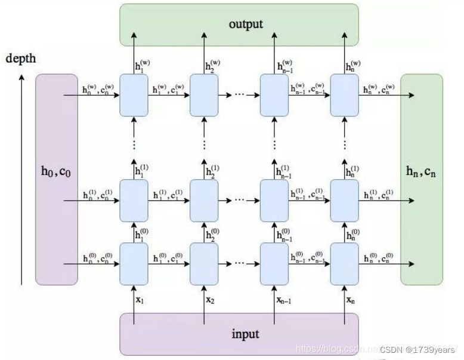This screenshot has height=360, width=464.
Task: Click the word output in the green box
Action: click(x=246, y=25)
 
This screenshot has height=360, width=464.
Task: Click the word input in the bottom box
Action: click(x=245, y=334)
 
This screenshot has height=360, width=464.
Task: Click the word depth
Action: click(x=21, y=59)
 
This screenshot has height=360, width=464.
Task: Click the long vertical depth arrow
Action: click(x=21, y=179)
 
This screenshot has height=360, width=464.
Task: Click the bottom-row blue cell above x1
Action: click(x=134, y=261)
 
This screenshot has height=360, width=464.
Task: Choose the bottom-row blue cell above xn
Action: click(x=345, y=261)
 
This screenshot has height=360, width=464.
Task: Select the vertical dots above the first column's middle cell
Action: click(x=134, y=144)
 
